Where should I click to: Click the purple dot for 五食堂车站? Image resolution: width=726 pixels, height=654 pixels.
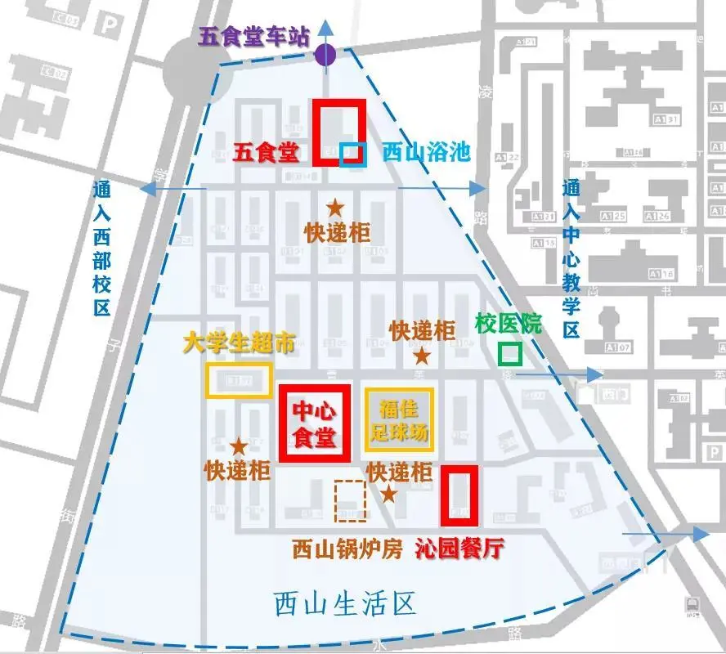[325, 56]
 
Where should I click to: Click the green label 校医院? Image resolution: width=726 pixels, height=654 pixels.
[509, 324]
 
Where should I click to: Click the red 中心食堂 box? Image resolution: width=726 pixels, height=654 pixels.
[315, 423]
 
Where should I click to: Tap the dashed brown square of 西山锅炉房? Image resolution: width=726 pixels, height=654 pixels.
[350, 501]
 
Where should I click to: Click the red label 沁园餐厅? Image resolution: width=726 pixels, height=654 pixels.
[459, 549]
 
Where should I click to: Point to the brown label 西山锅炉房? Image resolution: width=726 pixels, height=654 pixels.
[347, 549]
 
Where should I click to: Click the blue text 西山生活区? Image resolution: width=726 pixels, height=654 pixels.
[345, 605]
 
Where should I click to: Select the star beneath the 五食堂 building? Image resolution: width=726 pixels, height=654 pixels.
[335, 208]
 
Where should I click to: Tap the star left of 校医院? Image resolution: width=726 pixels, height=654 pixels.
[422, 356]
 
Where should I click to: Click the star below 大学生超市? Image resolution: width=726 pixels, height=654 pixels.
[239, 446]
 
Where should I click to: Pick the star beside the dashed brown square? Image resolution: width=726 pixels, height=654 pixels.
[389, 494]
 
